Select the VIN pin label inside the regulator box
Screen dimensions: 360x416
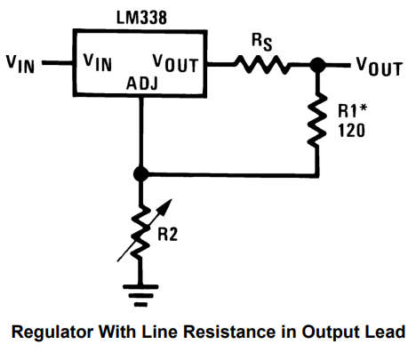point(99,63)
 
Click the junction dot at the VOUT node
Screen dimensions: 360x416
point(317,64)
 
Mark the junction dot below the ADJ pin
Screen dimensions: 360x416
point(140,174)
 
